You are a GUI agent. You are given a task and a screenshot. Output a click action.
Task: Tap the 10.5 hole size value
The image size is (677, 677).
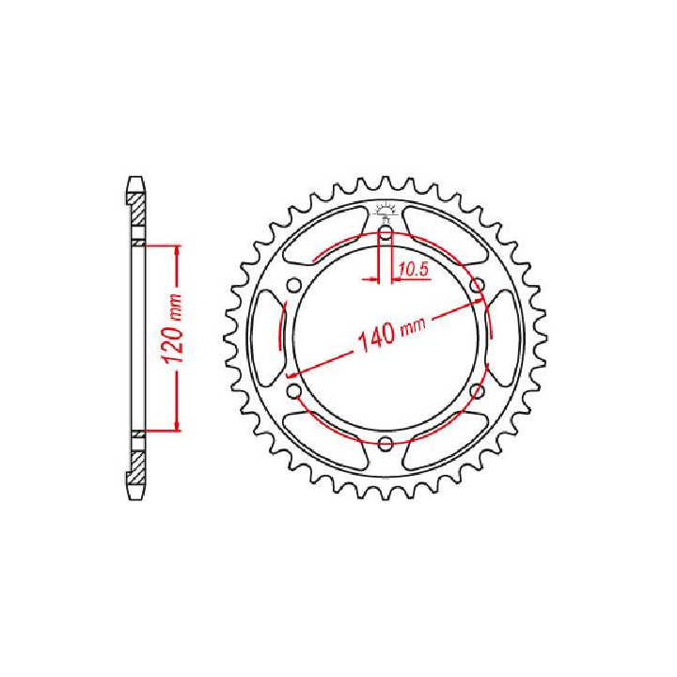tap(413, 270)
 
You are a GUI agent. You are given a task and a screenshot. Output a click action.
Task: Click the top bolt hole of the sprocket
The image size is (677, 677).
tap(386, 233)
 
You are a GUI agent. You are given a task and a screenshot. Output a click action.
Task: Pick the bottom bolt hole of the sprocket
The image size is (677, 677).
tap(386, 444)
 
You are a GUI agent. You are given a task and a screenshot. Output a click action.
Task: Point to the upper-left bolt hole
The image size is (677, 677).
tap(293, 286)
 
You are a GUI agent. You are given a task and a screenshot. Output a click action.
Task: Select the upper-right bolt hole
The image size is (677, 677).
tap(477, 286)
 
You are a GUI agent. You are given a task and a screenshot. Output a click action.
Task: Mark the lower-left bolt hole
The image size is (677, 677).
tap(293, 391)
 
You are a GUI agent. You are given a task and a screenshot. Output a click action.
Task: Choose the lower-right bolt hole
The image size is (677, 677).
tap(477, 391)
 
